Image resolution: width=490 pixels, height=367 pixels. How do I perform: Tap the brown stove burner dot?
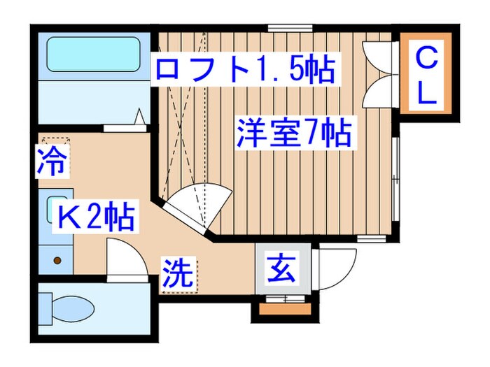(57, 261)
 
